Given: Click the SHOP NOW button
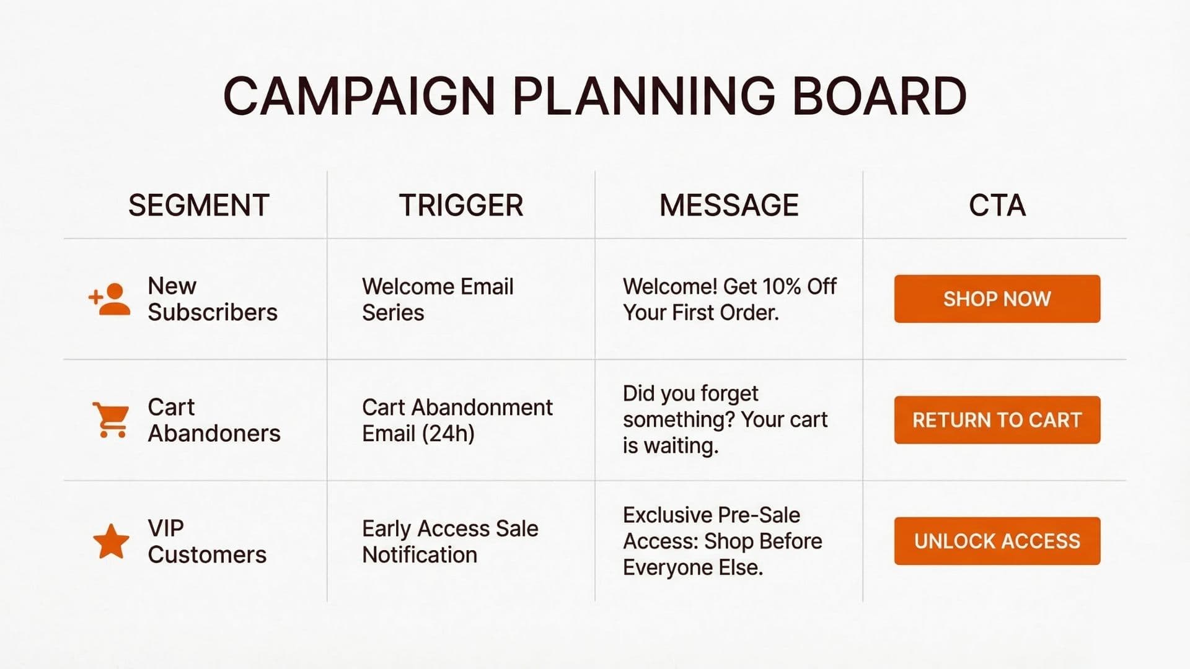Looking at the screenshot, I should pos(997,299).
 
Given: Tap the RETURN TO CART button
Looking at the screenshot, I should pos(997,420).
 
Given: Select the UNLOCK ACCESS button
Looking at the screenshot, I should pos(997,541).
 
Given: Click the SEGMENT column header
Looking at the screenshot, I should pos(199,205).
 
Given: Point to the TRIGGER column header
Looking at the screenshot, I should pos(461,205).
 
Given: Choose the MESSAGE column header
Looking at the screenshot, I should pos(729,205).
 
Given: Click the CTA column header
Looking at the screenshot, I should pos(997,205).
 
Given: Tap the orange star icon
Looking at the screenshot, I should pos(111,541).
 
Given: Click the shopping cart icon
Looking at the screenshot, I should pos(111,420).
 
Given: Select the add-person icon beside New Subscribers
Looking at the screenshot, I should pos(110,299).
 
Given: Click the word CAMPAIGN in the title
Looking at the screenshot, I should pos(359,96).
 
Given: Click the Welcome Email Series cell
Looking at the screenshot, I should pos(438,299).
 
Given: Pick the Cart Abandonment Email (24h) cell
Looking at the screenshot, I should pos(457,420).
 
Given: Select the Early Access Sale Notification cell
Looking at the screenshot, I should pos(450,541).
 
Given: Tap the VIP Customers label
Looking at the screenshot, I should pos(207,541).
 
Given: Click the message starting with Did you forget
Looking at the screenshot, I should pos(725,419).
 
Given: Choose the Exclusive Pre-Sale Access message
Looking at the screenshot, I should pos(722,541).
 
